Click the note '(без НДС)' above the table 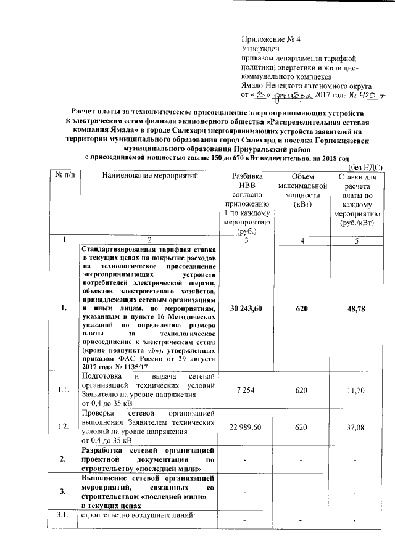tap(366, 167)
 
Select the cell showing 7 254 tap(243, 390)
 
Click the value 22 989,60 tap(243, 427)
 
